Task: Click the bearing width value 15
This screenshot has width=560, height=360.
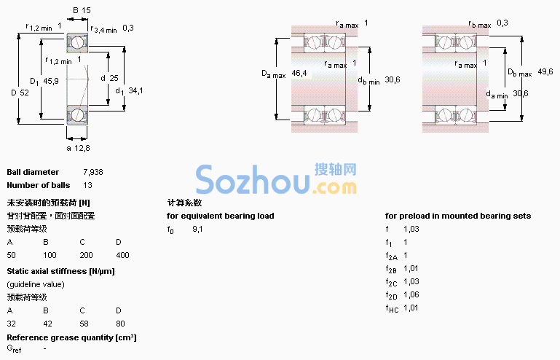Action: [x=87, y=10]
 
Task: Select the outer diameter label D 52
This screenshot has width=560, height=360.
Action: [x=20, y=93]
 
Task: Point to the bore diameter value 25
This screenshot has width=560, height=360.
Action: [x=114, y=78]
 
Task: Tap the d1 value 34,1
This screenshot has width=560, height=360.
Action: [x=135, y=90]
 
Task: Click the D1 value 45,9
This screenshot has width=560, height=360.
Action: [x=51, y=81]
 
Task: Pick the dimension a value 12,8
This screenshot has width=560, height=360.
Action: [x=82, y=148]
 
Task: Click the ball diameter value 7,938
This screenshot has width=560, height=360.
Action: [x=93, y=172]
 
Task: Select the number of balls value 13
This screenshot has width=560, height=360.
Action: [x=87, y=185]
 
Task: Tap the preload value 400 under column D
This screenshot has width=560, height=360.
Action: [x=122, y=255]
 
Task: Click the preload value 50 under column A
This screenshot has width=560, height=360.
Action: [x=11, y=255]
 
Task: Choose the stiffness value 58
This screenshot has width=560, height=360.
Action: [x=84, y=324]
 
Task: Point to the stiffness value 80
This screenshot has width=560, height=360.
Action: [x=120, y=324]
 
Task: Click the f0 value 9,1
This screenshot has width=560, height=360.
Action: [x=197, y=229]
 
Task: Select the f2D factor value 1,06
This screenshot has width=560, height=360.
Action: [x=411, y=295]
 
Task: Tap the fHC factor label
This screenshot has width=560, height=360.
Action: [x=392, y=309]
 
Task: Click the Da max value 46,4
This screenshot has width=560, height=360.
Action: [x=299, y=74]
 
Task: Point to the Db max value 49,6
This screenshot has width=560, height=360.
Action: [x=545, y=71]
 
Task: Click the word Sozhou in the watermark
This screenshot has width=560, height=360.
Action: [x=253, y=180]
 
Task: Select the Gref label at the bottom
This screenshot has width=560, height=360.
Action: [x=14, y=349]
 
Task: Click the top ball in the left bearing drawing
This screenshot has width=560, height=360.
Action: [x=76, y=43]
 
